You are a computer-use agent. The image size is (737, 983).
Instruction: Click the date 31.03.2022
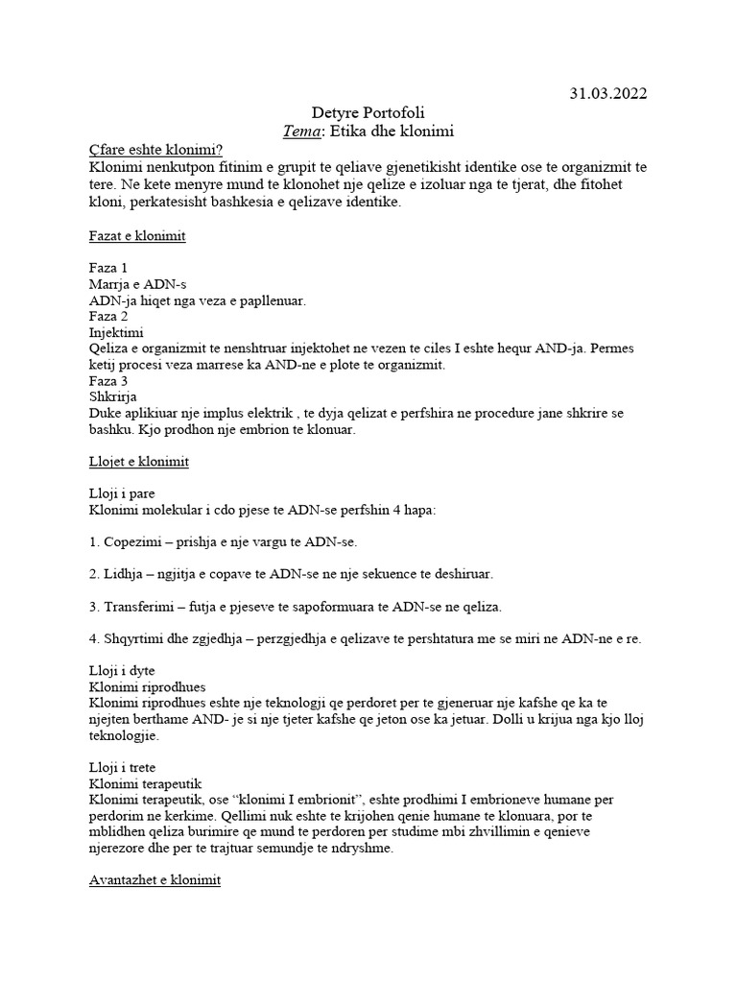[607, 93]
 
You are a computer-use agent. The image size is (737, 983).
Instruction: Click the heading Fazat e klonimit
[136, 236]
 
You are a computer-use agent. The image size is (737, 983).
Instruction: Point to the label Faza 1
[107, 268]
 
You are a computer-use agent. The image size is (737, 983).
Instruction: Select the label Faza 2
[107, 316]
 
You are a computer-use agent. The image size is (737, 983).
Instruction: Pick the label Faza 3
[107, 381]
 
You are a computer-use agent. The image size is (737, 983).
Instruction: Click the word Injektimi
[115, 332]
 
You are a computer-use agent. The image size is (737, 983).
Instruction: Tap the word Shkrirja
[112, 397]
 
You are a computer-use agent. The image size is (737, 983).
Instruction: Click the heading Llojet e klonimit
[138, 462]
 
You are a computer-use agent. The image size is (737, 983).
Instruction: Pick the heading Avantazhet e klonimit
[154, 879]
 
